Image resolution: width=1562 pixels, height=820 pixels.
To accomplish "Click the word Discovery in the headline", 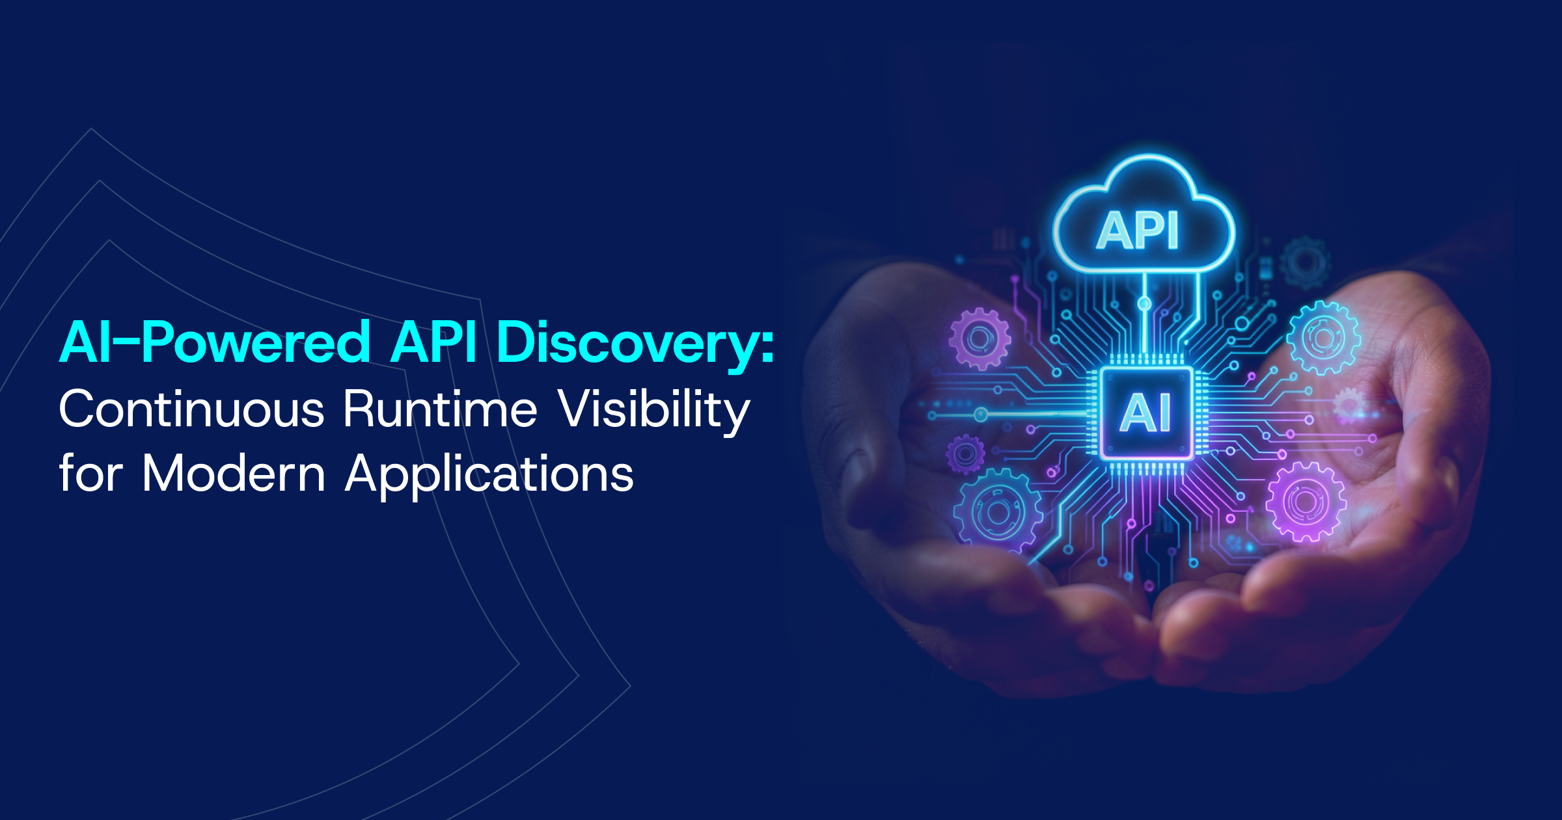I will tap(625, 343).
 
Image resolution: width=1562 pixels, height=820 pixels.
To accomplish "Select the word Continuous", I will tap(191, 409).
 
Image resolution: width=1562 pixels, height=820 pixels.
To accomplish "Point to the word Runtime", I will tap(440, 409).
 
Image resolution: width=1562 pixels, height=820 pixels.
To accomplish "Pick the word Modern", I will tap(233, 474).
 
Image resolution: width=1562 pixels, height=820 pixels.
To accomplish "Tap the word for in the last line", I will tap(90, 473).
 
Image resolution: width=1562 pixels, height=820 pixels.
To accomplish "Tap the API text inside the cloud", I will tap(1138, 230).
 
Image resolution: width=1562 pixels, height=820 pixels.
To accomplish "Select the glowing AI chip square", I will tap(1146, 413).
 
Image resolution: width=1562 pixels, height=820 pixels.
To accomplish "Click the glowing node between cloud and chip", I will tap(1144, 304).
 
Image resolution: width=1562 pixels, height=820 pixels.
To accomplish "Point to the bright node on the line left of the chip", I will tap(981, 414).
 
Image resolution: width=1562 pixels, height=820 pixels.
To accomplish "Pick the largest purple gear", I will tap(1305, 502).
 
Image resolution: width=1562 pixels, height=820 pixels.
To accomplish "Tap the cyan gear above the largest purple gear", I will tap(1323, 338).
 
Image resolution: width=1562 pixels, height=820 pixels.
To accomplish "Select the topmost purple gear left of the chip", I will tap(979, 338).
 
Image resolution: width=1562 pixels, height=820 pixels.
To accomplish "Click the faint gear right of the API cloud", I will tap(1304, 262).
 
